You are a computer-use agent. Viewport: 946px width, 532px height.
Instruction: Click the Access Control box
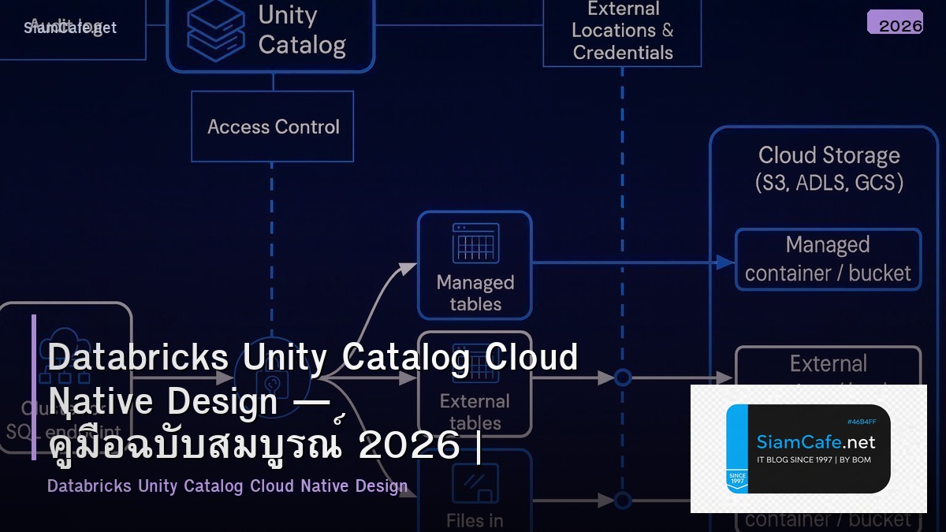coord(273,127)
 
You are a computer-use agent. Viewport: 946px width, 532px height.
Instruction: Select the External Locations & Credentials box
coord(622,32)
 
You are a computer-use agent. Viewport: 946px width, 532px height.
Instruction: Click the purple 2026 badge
coord(895,23)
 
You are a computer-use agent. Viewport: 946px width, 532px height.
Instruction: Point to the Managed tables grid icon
coord(475,244)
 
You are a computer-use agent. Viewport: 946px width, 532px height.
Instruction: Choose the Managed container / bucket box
coord(828,259)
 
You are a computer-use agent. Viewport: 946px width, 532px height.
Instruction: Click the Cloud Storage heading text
coord(829,155)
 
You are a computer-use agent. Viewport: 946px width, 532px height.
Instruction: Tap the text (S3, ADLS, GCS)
coord(829,183)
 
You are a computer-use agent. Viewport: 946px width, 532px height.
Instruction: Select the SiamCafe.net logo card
coord(808,448)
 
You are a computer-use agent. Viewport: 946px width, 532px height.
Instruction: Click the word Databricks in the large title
coord(138,358)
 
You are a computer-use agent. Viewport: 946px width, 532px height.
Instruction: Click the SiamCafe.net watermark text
coord(70,28)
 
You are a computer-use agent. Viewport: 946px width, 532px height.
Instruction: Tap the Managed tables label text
coord(475,293)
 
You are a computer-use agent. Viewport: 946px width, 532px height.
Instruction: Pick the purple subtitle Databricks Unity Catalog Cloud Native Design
coord(227,485)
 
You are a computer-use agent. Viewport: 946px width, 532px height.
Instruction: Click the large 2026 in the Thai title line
coord(408,446)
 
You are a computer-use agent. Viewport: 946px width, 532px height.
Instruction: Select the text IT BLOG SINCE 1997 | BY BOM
coord(814,459)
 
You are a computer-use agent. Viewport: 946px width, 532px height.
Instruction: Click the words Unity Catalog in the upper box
coord(301,30)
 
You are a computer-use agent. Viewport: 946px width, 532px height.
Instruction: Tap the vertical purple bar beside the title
coord(34,386)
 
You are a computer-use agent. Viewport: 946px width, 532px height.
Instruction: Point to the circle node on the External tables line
coord(623,378)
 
